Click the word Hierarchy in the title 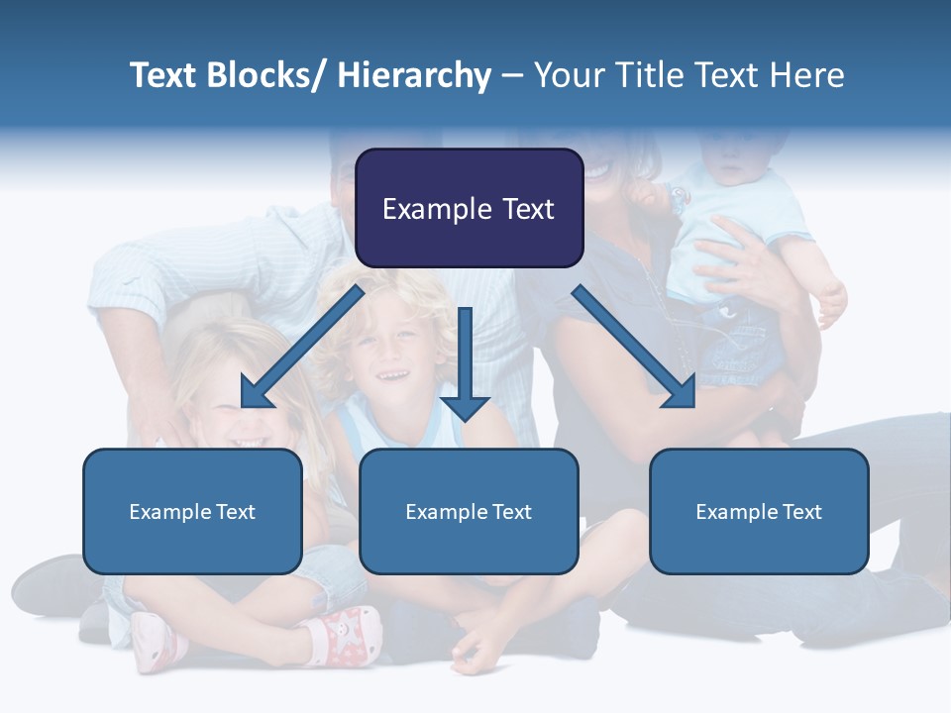pos(414,75)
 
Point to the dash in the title pos(512,76)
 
